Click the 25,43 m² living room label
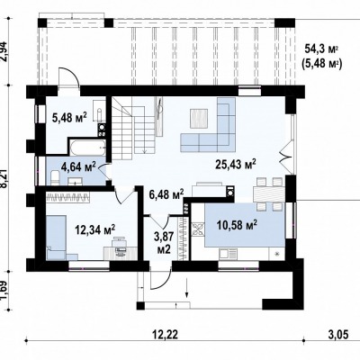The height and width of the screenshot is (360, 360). pyautogui.click(x=236, y=165)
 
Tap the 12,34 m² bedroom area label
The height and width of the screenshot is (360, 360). pyautogui.click(x=95, y=230)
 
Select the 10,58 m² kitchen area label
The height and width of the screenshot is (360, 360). pyautogui.click(x=237, y=224)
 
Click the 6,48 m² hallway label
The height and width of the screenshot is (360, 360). pyautogui.click(x=166, y=195)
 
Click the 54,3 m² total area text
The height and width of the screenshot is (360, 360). pyautogui.click(x=321, y=48)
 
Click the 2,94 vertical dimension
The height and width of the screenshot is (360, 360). pyautogui.click(x=5, y=50)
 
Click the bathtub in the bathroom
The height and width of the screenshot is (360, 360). pyautogui.click(x=87, y=148)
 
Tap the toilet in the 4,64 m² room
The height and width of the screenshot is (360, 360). pyautogui.click(x=55, y=177)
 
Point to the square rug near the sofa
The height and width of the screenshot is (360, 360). pyautogui.click(x=199, y=119)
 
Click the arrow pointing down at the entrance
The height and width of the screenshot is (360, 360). pyautogui.click(x=187, y=288)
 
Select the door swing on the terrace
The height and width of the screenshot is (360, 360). pyautogui.click(x=68, y=77)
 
